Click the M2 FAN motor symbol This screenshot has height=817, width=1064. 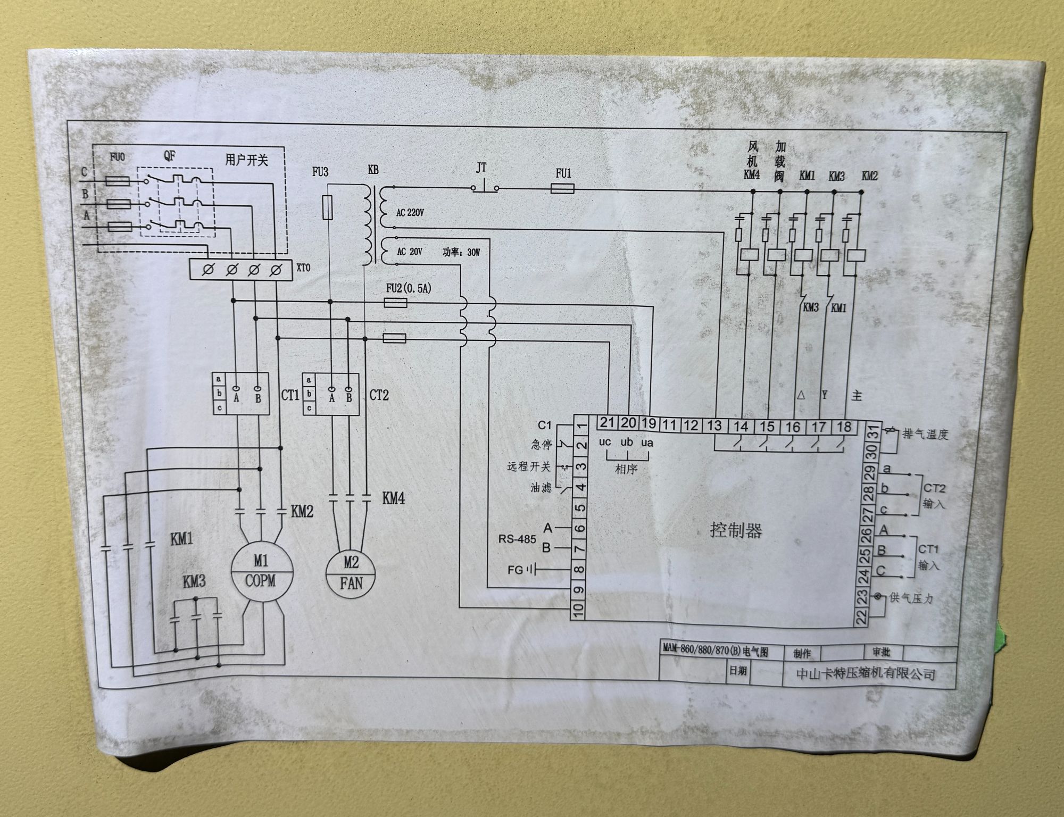[x=351, y=572]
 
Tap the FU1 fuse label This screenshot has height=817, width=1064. [x=563, y=173]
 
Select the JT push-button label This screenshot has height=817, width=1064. [x=481, y=169]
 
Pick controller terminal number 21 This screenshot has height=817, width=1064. [x=607, y=423]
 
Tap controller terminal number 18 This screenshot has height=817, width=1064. [x=844, y=427]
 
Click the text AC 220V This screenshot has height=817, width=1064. [x=410, y=213]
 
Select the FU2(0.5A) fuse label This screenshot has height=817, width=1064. [x=409, y=289]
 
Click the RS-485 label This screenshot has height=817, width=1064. [x=517, y=539]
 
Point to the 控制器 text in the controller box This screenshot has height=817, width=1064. [x=736, y=530]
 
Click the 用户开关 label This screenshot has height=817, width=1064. [x=246, y=160]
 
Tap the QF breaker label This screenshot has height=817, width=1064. [x=169, y=156]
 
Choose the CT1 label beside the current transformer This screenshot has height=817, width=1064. [x=290, y=395]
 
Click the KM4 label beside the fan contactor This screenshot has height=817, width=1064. [x=394, y=498]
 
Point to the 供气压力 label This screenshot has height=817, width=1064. [x=911, y=598]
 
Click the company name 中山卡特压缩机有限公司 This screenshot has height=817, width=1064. [x=866, y=673]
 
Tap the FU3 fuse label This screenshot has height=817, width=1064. [x=320, y=172]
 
